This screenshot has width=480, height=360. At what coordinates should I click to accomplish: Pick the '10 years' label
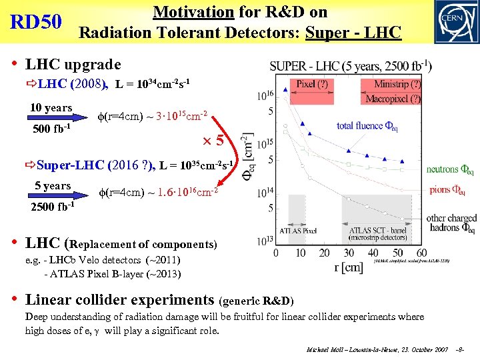pyautogui.click(x=51, y=108)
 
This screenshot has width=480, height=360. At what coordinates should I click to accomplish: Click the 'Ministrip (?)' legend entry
pyautogui.click(x=397, y=84)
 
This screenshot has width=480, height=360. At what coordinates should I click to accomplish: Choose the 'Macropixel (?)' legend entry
pyautogui.click(x=393, y=99)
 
